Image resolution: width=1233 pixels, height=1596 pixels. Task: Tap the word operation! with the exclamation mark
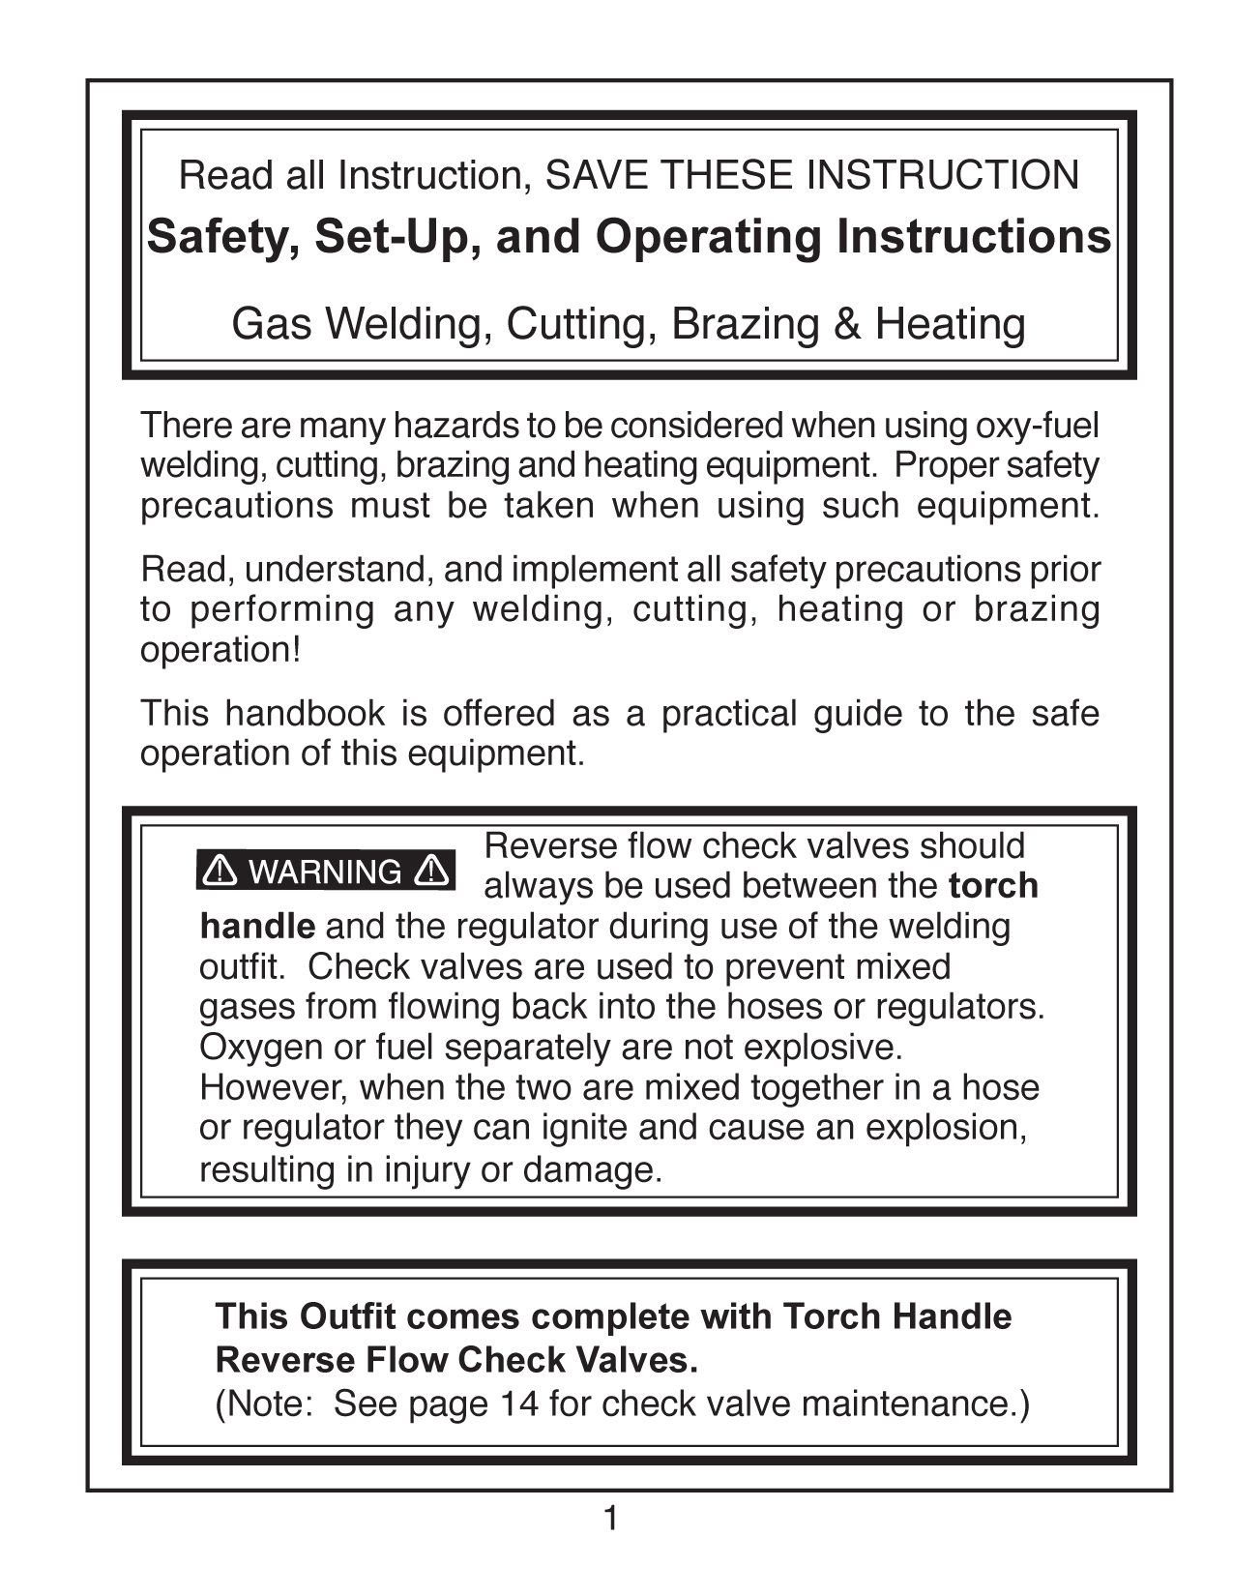point(220,650)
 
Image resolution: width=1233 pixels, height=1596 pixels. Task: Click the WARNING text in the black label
point(325,872)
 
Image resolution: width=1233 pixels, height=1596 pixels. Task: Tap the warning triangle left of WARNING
point(220,872)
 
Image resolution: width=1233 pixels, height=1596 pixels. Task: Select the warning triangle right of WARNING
point(430,872)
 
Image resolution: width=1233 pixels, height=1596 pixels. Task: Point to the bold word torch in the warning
point(993,886)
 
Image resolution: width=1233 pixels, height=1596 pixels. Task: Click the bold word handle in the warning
point(257,927)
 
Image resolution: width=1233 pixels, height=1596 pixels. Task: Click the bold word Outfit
point(347,1317)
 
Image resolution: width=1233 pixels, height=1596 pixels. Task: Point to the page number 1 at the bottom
point(610,1520)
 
